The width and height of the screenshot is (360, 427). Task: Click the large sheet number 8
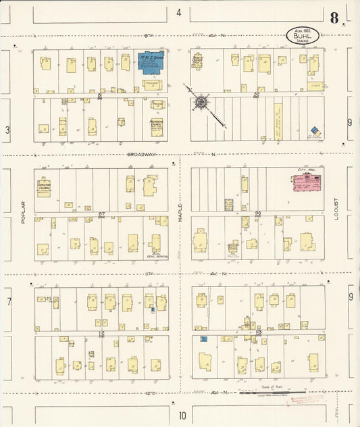(334, 18)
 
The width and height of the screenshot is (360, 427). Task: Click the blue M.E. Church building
(151, 61)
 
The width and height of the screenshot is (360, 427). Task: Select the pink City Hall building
(306, 183)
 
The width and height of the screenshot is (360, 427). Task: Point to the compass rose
(201, 103)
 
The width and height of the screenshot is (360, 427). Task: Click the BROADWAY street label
(142, 154)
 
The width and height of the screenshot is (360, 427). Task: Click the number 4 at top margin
(179, 12)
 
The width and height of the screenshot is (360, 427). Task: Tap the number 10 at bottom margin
(182, 415)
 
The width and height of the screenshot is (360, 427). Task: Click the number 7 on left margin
(9, 301)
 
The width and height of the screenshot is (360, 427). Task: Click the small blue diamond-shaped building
(314, 130)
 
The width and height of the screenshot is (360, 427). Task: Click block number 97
(102, 214)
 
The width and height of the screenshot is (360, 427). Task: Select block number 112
(102, 333)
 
